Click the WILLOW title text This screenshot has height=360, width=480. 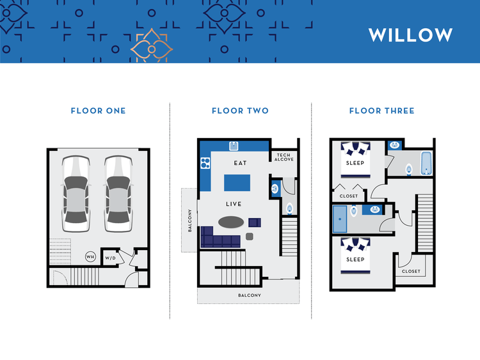pos(410,35)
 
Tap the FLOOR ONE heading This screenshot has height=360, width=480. pos(98,111)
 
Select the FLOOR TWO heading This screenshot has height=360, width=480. pos(240,111)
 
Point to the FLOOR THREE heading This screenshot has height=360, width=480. pos(381,111)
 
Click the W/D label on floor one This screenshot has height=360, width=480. pos(111,258)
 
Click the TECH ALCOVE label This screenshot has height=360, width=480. pos(284,157)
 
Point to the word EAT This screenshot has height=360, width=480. pos(241,163)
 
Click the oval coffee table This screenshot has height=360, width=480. pos(230,222)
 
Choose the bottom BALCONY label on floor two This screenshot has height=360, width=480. pos(248,295)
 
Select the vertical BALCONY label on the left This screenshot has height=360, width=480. pos(189,220)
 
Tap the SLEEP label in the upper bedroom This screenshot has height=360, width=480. pos(355,163)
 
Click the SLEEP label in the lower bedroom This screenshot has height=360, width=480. pos(355,259)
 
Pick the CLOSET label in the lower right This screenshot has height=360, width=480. pos(412,271)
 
